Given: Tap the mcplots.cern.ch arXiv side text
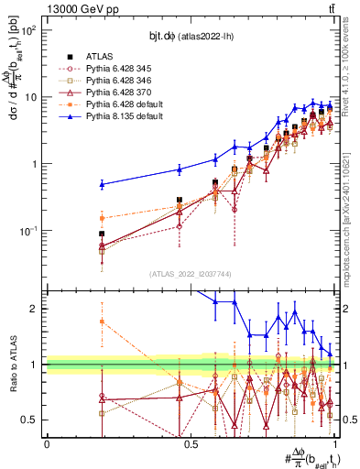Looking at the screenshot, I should pos(353,202).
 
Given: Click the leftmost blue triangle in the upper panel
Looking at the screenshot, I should pos(102,184).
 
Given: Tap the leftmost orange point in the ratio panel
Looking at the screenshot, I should pos(102,322).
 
